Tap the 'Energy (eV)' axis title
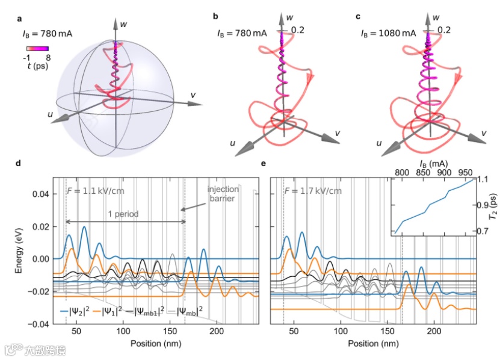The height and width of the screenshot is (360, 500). coord(19,251)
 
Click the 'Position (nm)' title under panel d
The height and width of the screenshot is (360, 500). coord(156,345)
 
